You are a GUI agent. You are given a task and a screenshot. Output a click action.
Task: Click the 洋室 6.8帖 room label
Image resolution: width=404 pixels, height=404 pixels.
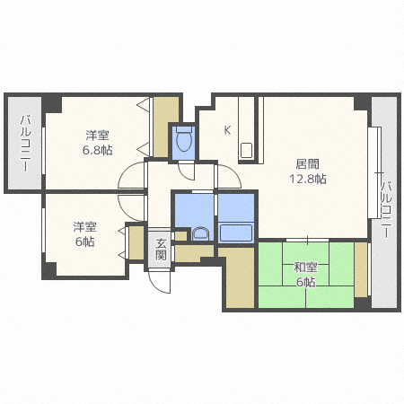tap(99, 143)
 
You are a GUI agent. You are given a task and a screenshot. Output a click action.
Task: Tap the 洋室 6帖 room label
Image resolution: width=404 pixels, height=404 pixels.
tap(85, 234)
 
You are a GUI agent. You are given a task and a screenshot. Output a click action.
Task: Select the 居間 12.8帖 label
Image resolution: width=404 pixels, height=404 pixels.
tap(307, 171)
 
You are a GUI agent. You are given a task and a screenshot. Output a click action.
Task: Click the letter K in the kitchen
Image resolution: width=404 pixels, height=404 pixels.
tap(227, 129)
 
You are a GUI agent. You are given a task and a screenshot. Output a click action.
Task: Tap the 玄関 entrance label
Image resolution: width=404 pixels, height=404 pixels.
tap(161, 249)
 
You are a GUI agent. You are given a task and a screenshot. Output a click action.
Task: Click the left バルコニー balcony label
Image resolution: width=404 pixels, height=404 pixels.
tap(25, 144)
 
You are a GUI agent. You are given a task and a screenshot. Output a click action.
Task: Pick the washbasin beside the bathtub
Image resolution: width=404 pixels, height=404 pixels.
tap(200, 234)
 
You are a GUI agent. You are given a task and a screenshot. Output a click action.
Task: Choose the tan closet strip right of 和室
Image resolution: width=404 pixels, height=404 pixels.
tap(361, 269)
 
